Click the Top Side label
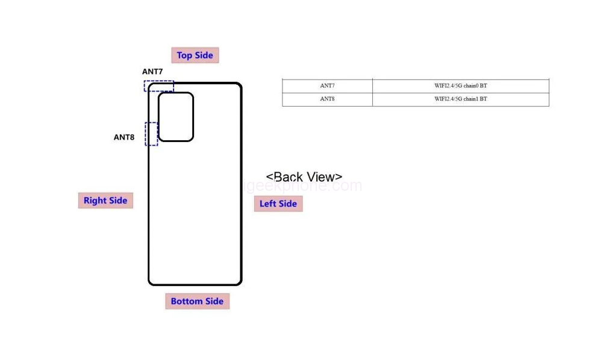point(195,55)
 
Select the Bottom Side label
point(197,302)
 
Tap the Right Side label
point(105,200)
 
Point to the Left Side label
point(278,203)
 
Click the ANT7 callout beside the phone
point(152,72)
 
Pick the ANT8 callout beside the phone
point(124,137)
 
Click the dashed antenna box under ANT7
point(159,86)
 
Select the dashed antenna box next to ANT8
point(151,134)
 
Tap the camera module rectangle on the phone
point(176,117)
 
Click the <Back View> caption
point(304,177)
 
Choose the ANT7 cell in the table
point(327,85)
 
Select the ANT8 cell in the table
point(327,99)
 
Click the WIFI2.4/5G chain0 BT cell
point(460,85)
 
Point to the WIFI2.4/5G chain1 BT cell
point(460,99)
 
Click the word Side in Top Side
point(204,55)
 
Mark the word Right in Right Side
point(95,200)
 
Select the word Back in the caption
point(289,177)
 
